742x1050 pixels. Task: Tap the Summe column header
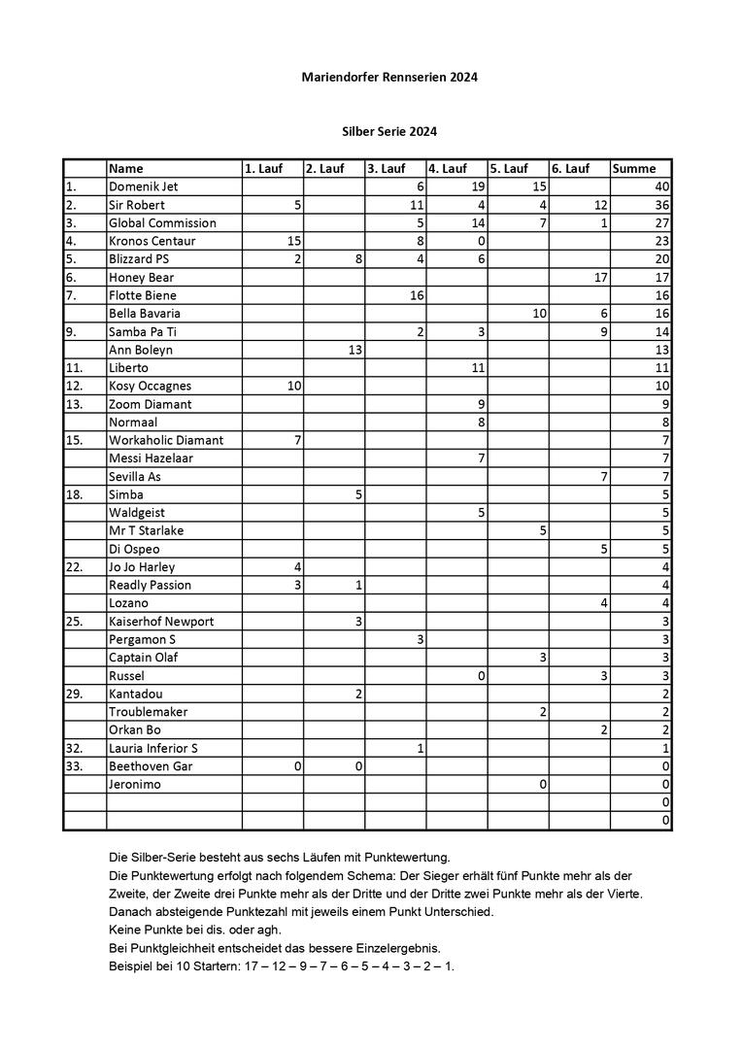point(634,169)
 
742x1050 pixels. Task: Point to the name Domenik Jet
point(144,186)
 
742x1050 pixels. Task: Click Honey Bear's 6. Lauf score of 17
point(600,277)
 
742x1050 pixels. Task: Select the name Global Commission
point(162,222)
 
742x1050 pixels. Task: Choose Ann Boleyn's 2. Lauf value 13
point(355,350)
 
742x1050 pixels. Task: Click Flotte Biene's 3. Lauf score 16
point(417,295)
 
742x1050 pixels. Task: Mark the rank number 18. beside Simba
point(74,494)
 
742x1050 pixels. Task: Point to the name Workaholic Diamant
point(166,440)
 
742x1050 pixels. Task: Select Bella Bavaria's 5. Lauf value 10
point(539,314)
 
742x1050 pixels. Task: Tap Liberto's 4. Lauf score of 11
point(478,368)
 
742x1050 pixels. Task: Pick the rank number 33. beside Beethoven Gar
point(74,766)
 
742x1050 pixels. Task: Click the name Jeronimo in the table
point(135,784)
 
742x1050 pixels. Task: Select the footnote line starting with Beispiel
point(282,966)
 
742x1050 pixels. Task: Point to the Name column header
point(126,169)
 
